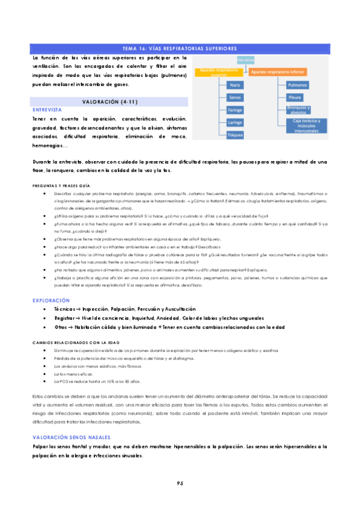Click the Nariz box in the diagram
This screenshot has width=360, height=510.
[235, 85]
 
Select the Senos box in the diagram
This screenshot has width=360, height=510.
[235, 97]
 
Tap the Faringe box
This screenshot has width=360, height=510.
[235, 110]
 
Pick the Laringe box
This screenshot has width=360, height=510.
[235, 123]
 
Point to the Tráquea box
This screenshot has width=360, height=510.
[235, 135]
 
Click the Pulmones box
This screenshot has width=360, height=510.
[297, 85]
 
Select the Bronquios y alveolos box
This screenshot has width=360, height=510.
[299, 109]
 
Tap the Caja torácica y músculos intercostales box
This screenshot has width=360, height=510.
[308, 126]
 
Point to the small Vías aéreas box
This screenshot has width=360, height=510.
[245, 60]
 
